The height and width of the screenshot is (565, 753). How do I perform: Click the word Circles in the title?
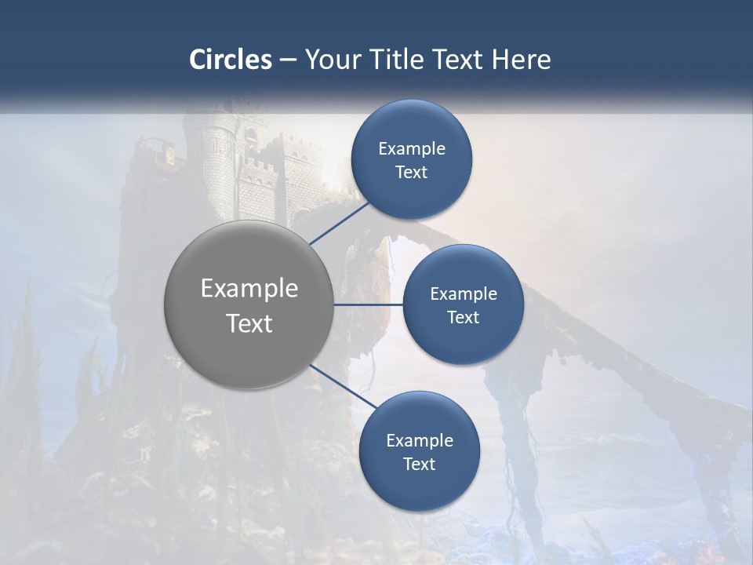231,60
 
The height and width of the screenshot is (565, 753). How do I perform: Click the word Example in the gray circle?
249,289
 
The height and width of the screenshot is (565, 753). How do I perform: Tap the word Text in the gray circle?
249,323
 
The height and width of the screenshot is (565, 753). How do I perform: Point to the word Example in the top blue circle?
412,149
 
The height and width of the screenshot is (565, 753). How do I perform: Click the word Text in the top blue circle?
411,173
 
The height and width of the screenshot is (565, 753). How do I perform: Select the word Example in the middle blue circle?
464,294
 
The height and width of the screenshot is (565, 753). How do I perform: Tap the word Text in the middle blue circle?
463,318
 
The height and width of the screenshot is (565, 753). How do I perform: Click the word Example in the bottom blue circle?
420,441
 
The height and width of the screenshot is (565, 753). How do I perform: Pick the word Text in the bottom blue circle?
419,465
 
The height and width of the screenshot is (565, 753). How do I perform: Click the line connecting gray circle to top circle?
340,222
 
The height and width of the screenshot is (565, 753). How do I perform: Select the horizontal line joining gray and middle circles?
368,304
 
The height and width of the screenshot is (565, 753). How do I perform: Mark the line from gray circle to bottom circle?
342,385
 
